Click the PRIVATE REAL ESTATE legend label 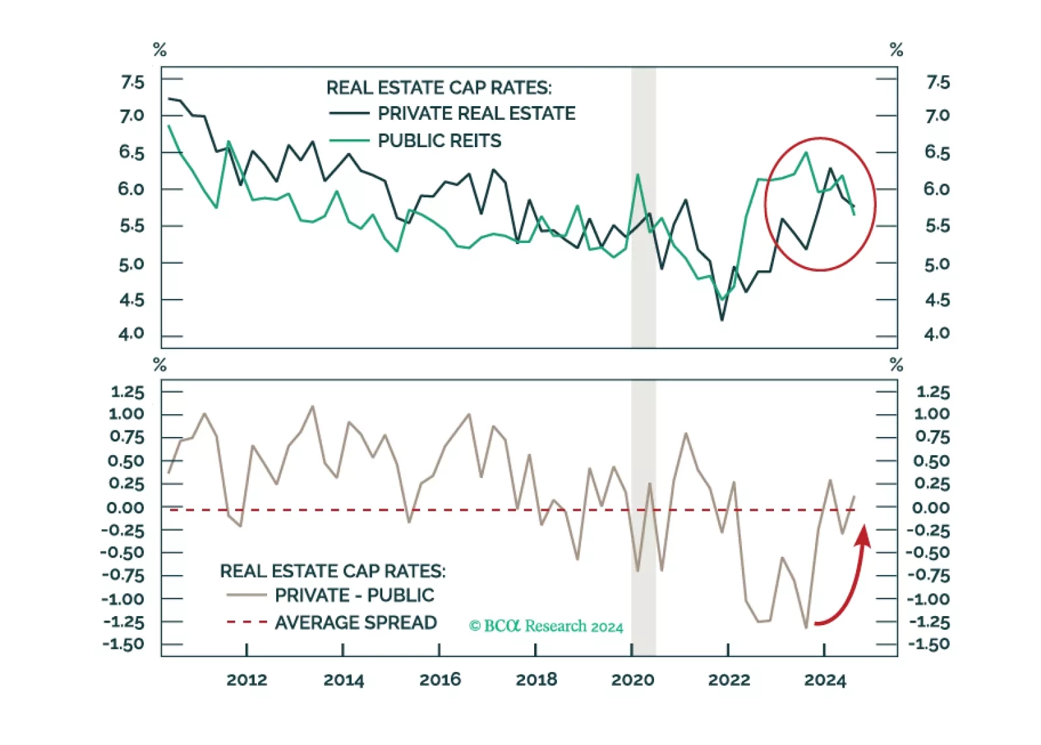[476, 114]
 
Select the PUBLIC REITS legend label [439, 141]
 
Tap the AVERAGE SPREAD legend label [355, 623]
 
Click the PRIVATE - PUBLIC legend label [354, 595]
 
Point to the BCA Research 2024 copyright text [546, 626]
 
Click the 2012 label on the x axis [246, 680]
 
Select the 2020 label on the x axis [632, 680]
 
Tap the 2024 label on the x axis [825, 680]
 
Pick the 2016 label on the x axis [440, 680]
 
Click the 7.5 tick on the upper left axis [132, 83]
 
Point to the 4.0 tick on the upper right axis [936, 334]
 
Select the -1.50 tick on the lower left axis [124, 644]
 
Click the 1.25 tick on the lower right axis [932, 392]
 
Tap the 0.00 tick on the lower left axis [126, 507]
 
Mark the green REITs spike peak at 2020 [638, 175]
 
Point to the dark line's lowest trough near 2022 [722, 320]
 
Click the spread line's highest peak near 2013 [313, 406]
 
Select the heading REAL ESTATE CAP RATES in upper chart [438, 88]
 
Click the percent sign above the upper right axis [896, 49]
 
